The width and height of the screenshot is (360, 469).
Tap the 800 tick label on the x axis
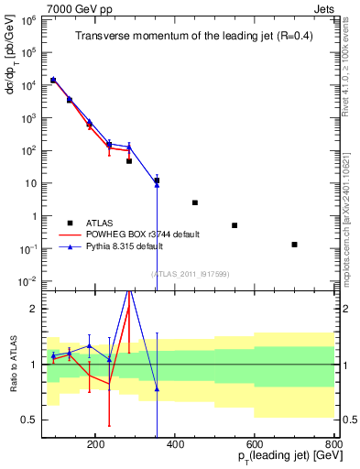pyautogui.click(x=333, y=444)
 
